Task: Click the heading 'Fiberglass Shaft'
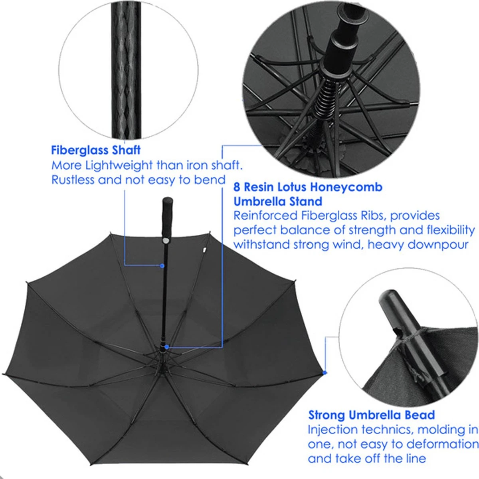point(96,150)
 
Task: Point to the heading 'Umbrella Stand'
point(277,201)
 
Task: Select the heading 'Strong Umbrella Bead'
point(371,415)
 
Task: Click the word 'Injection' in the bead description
point(333,430)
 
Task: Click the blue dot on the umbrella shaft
point(162,265)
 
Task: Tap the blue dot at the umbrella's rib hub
point(166,347)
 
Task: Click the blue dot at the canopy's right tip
point(325,372)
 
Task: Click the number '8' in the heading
point(237,187)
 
